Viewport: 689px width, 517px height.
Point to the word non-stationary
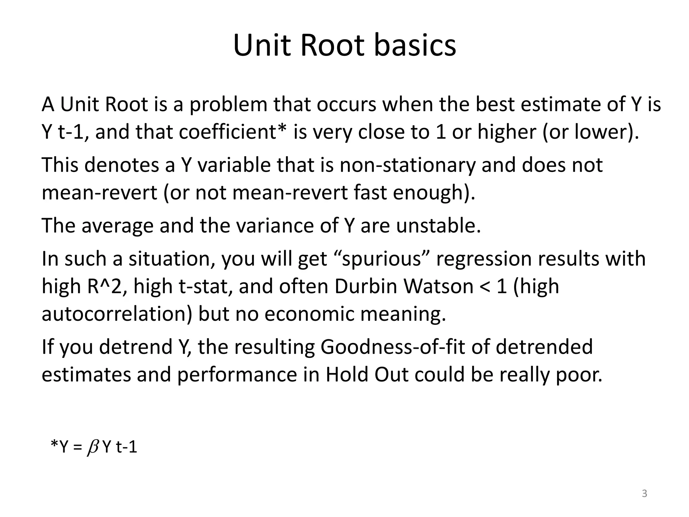coord(407,165)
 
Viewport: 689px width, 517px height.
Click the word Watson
coord(438,286)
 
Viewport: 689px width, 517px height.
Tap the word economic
coord(309,314)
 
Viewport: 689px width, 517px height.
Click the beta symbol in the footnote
coord(92,448)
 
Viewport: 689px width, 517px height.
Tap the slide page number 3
coord(645,493)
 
